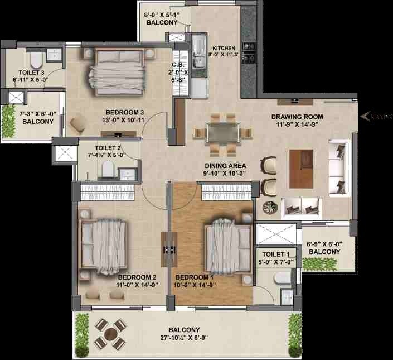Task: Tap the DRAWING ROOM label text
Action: click(x=297, y=117)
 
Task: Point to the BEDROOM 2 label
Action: click(x=136, y=277)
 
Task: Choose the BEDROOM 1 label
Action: click(x=194, y=277)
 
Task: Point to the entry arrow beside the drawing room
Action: click(x=366, y=116)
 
